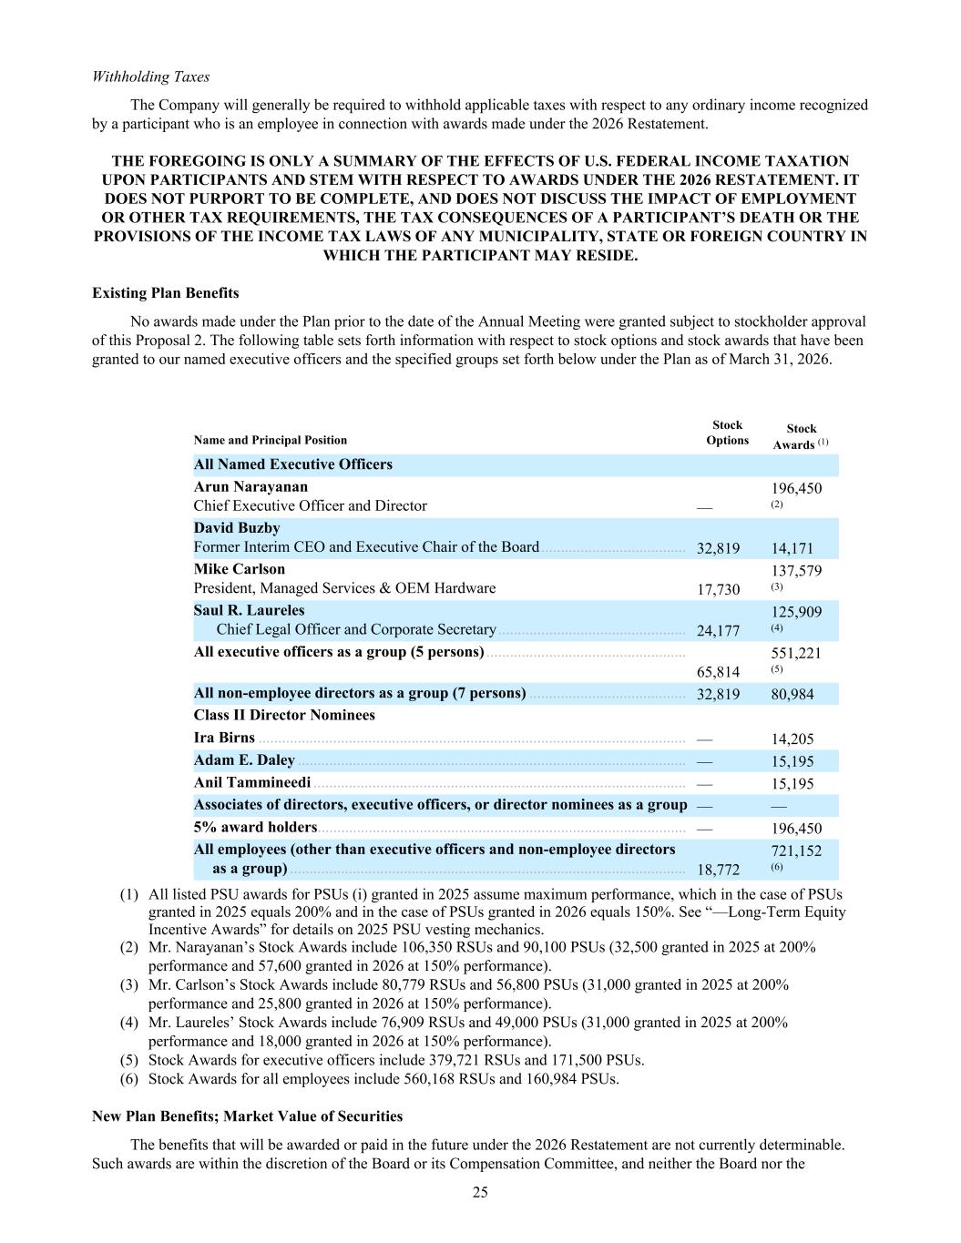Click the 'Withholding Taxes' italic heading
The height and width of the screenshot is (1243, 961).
[150, 76]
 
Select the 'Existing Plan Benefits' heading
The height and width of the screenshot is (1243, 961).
[166, 293]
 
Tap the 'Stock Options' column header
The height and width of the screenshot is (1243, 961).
[727, 433]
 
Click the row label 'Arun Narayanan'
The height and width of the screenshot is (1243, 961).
[250, 487]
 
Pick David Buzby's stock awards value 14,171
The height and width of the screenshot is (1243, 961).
[792, 549]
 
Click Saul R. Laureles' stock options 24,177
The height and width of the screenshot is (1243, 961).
[718, 631]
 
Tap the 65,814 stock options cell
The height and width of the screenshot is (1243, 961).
[718, 672]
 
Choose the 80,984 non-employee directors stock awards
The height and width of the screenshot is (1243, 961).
[792, 695]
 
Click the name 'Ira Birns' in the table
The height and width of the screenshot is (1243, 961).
[224, 738]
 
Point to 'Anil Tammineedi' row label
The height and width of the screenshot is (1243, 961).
[252, 783]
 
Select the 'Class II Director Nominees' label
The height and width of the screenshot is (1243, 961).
[284, 715]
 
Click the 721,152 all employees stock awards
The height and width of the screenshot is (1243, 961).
[796, 851]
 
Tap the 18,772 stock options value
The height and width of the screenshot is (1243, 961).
[718, 870]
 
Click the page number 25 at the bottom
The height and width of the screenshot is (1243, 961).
[480, 1193]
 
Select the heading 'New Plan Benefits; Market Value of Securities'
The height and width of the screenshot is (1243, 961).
[248, 1116]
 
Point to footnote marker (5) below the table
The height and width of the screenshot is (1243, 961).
[129, 1060]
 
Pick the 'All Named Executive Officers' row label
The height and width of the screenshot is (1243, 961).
[293, 464]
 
